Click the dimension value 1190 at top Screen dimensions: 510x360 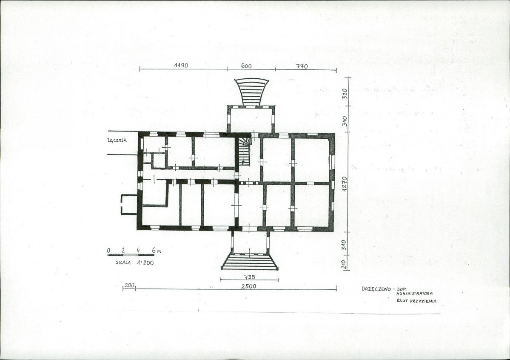coord(181,65)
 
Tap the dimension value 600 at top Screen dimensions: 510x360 coord(246,66)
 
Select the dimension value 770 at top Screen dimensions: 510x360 coord(302,66)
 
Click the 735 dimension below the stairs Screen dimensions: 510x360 coord(250,277)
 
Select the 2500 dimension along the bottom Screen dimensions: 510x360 coord(249,286)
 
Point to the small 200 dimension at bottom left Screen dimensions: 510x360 coord(129,285)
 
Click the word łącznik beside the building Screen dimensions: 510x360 coord(117,140)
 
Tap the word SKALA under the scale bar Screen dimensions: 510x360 coord(123,263)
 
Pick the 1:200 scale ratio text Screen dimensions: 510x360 coord(145,263)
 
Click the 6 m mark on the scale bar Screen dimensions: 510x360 coord(157,251)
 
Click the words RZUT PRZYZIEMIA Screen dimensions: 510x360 coord(416,301)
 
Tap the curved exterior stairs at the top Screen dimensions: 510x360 coord(252,92)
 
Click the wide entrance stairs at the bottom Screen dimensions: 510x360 coord(250,262)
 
